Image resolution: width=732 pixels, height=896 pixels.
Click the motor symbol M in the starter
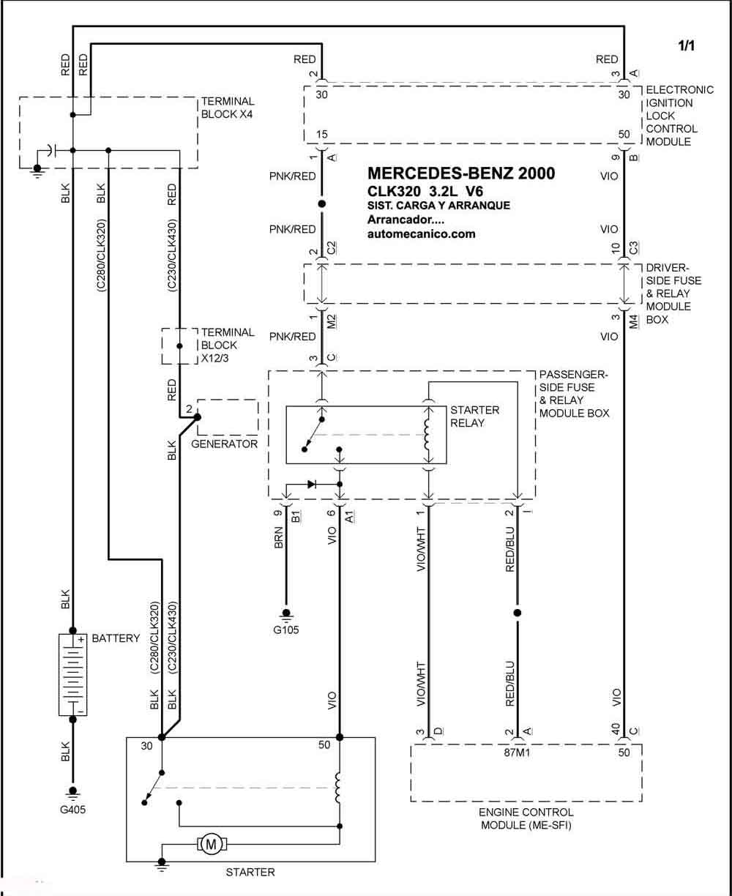(x=211, y=845)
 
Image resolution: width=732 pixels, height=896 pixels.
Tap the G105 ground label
(x=286, y=630)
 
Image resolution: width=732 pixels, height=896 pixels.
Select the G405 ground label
(x=72, y=810)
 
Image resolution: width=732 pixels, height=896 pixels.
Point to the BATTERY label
(x=116, y=638)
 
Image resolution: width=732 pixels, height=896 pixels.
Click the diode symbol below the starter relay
(x=311, y=484)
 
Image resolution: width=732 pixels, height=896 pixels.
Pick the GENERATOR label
(x=224, y=444)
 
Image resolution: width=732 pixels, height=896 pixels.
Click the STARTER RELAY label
(x=474, y=417)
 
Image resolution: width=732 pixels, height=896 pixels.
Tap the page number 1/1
(x=686, y=46)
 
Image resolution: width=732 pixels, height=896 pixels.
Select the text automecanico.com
(x=421, y=234)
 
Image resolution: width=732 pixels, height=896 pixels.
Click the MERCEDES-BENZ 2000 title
(x=461, y=173)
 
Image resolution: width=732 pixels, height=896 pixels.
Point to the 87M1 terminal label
(x=517, y=753)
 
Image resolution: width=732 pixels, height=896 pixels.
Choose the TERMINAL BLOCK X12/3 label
(x=228, y=345)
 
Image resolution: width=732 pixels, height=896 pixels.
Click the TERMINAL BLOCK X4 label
(x=228, y=108)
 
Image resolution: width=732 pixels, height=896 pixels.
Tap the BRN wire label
(x=279, y=537)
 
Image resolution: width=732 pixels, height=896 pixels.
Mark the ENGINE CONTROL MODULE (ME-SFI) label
(x=526, y=818)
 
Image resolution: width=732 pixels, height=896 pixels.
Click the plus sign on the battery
(x=81, y=639)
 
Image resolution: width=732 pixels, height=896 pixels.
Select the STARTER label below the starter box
(x=250, y=872)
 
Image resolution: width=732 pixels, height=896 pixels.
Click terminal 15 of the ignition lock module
(x=321, y=134)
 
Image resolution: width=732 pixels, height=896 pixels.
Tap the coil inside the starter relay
(x=427, y=435)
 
